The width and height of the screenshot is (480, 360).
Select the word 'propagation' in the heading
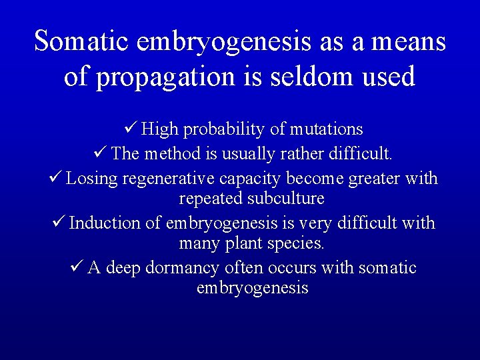pyautogui.click(x=167, y=77)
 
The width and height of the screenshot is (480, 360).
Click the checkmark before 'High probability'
pyautogui.click(x=131, y=128)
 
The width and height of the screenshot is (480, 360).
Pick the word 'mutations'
pyautogui.click(x=325, y=129)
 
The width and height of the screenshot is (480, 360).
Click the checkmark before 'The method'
pyautogui.click(x=99, y=153)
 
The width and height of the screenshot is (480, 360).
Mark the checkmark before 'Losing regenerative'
pyautogui.click(x=55, y=178)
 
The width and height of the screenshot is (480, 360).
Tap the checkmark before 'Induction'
pyautogui.click(x=58, y=222)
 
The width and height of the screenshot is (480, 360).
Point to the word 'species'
pyautogui.click(x=295, y=244)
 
